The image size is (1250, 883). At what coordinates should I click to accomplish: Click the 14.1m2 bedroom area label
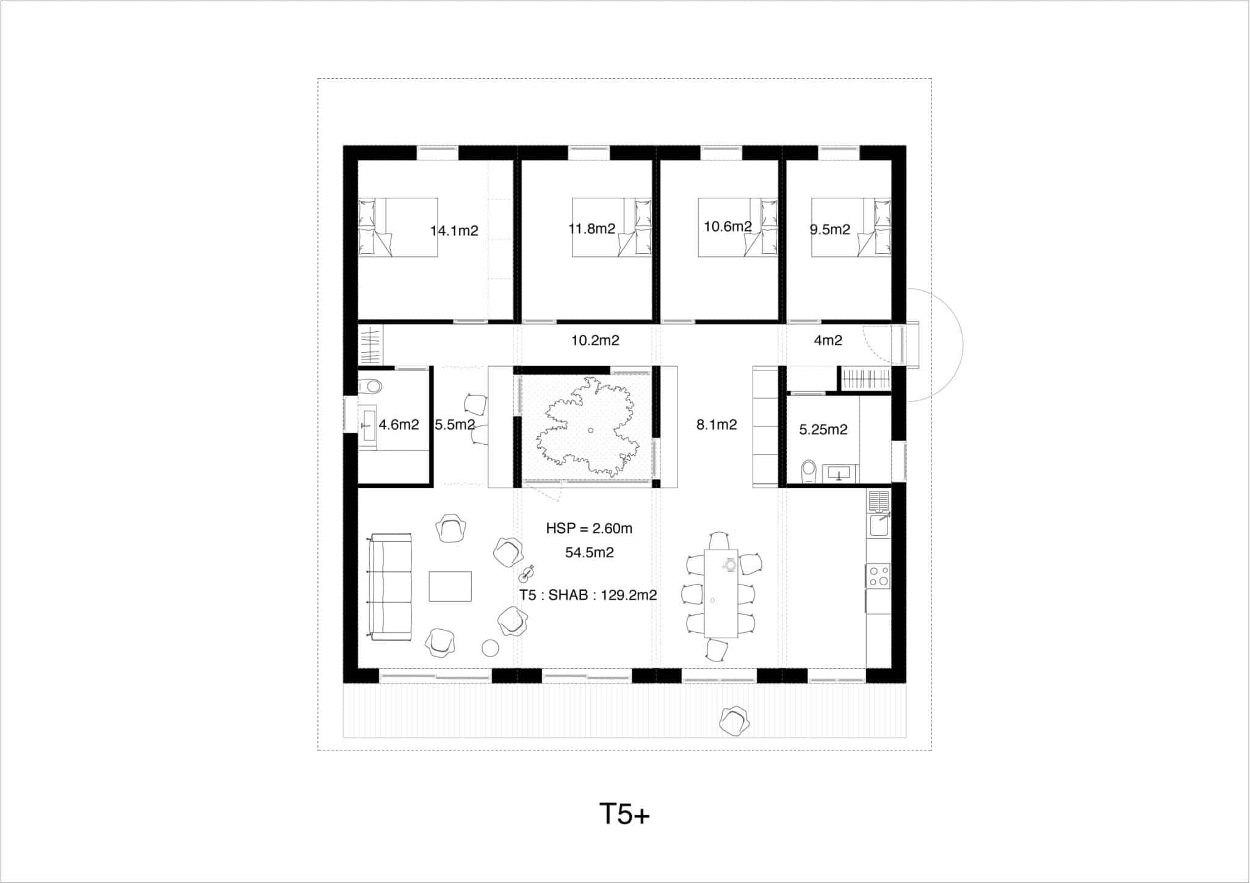[x=454, y=231]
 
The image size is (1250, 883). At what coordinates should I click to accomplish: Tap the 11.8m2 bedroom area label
[x=592, y=229]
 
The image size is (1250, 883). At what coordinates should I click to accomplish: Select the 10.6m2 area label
[x=728, y=226]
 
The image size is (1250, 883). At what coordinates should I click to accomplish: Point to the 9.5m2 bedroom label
[x=829, y=229]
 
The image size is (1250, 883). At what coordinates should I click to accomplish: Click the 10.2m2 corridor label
[x=595, y=341]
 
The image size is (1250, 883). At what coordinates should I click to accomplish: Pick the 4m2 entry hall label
[x=828, y=341]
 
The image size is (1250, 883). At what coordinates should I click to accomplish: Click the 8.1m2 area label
[x=717, y=425]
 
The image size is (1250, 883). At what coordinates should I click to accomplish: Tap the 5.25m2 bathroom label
[x=823, y=430]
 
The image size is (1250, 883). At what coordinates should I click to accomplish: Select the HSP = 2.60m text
[x=589, y=528]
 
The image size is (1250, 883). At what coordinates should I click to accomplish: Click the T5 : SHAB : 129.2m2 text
[x=588, y=595]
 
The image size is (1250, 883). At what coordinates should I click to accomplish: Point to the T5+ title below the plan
[x=624, y=814]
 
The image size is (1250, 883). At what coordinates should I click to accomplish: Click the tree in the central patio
[x=588, y=426]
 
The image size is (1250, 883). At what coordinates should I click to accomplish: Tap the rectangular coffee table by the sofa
[x=450, y=586]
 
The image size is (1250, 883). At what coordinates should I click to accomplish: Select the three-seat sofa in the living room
[x=390, y=587]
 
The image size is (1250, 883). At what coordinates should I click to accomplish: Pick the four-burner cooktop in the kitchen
[x=878, y=575]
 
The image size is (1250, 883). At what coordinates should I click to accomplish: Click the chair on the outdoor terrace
[x=734, y=721]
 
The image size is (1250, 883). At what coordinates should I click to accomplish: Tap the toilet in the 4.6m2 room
[x=370, y=386]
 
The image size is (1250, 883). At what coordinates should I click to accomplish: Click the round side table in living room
[x=491, y=647]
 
